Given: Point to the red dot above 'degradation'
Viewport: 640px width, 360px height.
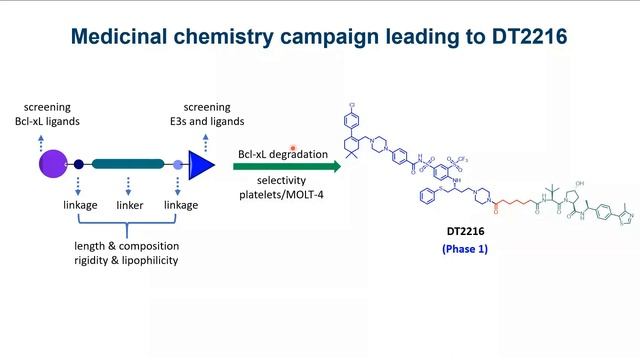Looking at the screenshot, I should point(294,146).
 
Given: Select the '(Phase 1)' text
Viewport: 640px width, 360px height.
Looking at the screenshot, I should point(465,249).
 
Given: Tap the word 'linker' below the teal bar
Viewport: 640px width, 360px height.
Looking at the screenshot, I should point(129,205).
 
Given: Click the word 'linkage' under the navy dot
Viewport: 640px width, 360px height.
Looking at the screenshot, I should point(79,205).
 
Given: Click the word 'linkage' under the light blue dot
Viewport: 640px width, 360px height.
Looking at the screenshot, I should point(181,205).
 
